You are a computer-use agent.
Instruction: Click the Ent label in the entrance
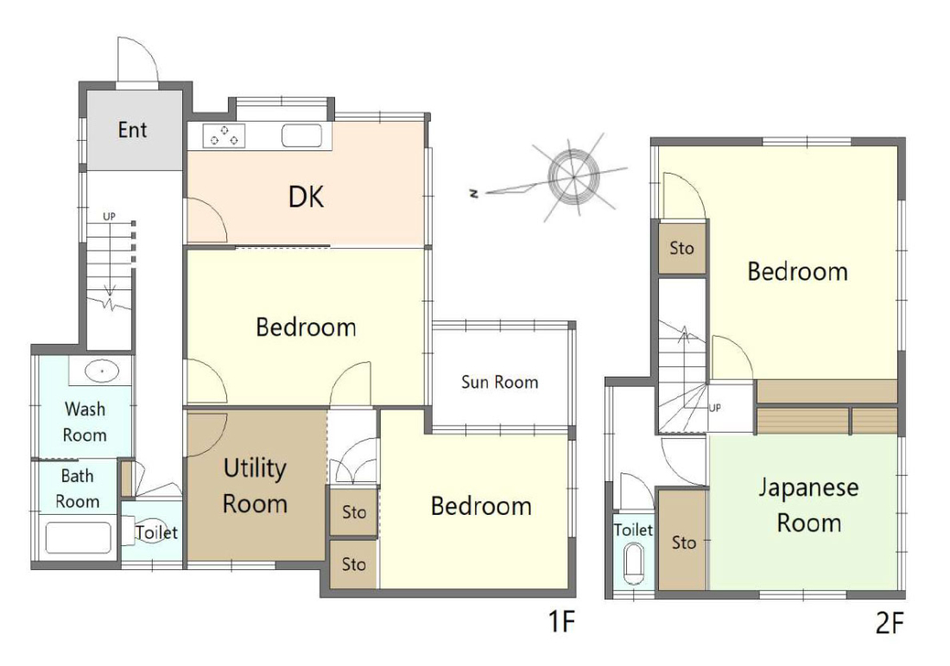point(132,130)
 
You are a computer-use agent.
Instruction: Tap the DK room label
point(306,197)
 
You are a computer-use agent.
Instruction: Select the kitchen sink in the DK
point(301,136)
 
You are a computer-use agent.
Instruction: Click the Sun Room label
point(500,382)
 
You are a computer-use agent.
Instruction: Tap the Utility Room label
point(255,485)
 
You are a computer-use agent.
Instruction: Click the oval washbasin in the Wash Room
point(101,371)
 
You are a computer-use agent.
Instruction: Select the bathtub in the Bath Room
point(78,537)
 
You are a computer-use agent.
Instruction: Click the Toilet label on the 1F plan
point(157,533)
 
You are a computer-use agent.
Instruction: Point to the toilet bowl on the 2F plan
point(634,564)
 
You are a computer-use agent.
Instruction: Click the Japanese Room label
point(809,504)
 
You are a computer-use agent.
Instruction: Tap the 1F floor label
point(561,621)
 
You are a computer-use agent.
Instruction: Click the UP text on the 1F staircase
point(109,216)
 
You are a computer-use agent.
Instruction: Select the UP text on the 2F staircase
point(715,408)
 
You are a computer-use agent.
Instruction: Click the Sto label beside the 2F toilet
point(683,542)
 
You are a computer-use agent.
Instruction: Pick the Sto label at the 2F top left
point(681,248)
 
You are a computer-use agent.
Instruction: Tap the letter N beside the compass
point(474,193)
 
